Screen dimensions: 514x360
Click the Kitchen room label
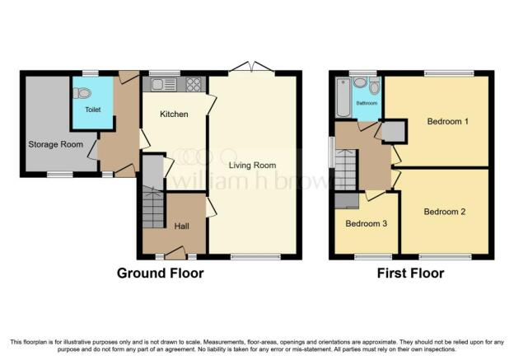point(174,115)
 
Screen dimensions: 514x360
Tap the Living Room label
point(252,166)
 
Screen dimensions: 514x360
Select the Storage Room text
point(56,144)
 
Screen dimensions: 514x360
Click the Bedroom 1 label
point(448,121)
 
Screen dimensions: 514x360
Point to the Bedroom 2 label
point(445,212)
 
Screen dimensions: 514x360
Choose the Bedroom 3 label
point(367,223)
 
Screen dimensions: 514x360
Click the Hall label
point(181,226)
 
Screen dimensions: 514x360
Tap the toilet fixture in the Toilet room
point(82,93)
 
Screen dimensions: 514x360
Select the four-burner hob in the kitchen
point(194,85)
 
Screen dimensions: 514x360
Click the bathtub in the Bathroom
point(343,97)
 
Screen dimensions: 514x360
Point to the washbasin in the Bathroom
point(360,82)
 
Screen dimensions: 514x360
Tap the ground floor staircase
point(152,207)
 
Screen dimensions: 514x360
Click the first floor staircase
point(345,170)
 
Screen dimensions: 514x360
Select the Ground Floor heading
point(161,274)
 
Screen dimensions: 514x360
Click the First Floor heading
point(410,274)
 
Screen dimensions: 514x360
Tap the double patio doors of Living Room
point(251,67)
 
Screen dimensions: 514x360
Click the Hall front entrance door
point(175,254)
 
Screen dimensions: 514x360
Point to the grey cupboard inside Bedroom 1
point(394,132)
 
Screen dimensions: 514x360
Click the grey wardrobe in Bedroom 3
point(347,201)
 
